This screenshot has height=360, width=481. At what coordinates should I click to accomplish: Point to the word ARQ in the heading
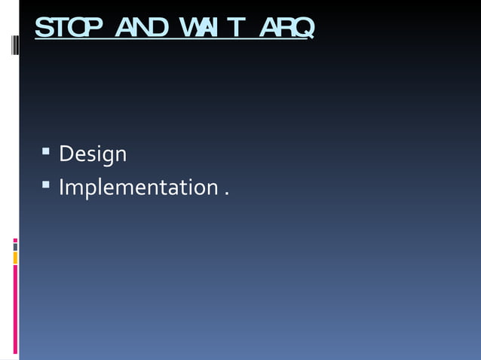(x=286, y=28)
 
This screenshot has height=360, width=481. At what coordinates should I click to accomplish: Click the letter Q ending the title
(x=303, y=29)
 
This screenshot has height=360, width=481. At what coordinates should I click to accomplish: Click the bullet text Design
(x=93, y=154)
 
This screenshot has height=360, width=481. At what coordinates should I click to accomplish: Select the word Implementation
(x=139, y=187)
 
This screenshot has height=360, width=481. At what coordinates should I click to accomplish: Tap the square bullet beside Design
(x=46, y=153)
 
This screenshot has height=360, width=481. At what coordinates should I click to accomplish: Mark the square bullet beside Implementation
(x=46, y=185)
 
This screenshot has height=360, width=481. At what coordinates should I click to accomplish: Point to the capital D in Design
(x=66, y=154)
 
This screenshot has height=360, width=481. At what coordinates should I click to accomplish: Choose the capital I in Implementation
(x=62, y=186)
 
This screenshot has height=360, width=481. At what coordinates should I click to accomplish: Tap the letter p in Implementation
(x=90, y=189)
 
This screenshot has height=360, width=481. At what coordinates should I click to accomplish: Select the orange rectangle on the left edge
(x=15, y=258)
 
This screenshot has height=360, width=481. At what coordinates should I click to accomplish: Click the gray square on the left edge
(x=15, y=247)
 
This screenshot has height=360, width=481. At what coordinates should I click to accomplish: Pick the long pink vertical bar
(x=15, y=310)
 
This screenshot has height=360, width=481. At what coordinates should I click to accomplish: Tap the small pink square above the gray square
(x=15, y=240)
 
